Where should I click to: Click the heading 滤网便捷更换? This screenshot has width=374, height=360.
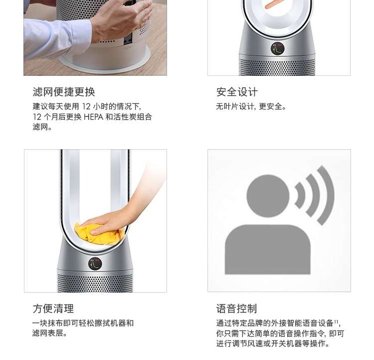(x=64, y=92)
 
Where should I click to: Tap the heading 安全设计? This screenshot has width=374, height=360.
(x=237, y=92)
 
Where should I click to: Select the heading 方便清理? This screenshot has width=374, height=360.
(x=53, y=309)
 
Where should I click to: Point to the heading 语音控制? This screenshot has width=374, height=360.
(x=236, y=309)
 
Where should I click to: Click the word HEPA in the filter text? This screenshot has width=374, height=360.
(x=94, y=117)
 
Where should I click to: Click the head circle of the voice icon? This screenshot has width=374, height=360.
(x=268, y=196)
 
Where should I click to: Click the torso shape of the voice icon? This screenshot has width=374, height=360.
(x=268, y=249)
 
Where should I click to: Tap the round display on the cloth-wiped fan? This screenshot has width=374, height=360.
(x=95, y=264)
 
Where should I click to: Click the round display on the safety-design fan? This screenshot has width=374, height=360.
(x=278, y=48)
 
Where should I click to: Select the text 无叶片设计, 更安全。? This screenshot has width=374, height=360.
(x=251, y=106)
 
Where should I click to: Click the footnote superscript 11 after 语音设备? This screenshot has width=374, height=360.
(x=336, y=321)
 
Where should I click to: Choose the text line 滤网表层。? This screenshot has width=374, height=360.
(x=49, y=333)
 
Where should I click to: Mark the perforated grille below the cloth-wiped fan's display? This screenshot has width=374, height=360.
(x=95, y=283)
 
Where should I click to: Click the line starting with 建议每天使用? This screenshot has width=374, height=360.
(x=87, y=106)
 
